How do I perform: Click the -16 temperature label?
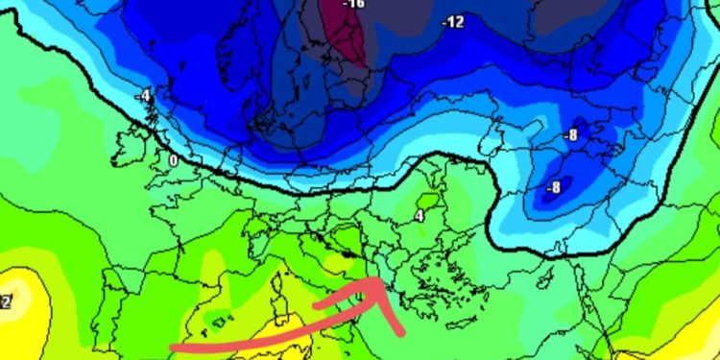tap(355, 4)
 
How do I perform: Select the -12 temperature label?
tap(452, 22)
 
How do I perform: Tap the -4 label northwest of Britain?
tap(144, 96)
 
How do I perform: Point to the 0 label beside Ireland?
tap(173, 159)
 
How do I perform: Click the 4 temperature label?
tap(420, 216)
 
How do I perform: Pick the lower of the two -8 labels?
tap(553, 188)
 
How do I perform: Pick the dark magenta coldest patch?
tap(348, 34)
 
